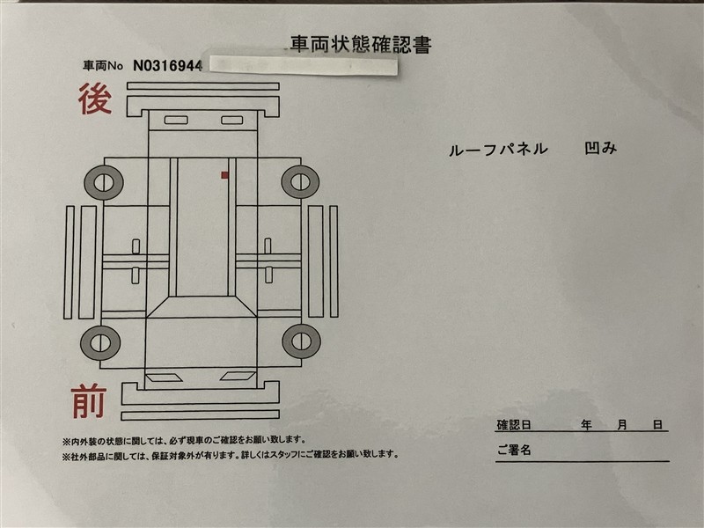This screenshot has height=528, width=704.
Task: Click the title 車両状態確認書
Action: (361, 45)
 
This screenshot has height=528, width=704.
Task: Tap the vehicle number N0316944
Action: (167, 66)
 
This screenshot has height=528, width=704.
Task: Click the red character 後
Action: (95, 99)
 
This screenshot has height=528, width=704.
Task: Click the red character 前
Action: (89, 401)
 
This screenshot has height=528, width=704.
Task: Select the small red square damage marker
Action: (224, 175)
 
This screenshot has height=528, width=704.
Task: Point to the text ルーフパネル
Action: (498, 149)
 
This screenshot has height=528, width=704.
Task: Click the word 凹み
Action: (601, 148)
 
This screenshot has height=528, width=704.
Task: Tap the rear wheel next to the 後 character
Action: (103, 183)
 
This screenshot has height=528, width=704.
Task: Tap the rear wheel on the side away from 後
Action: (300, 182)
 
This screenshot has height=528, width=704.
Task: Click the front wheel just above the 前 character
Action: (100, 343)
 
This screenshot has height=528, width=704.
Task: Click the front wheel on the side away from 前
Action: (301, 341)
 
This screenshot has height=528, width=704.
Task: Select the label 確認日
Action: (514, 425)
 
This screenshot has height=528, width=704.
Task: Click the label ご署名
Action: (514, 450)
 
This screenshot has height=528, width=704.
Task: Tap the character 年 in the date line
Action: (586, 424)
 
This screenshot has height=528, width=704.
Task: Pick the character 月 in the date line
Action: (622, 424)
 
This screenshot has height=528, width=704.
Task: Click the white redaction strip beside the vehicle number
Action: (304, 65)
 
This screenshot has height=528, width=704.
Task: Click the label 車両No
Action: (103, 66)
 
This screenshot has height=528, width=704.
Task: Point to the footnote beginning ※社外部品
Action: (231, 455)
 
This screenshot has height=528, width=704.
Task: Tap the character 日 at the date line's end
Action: (657, 424)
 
